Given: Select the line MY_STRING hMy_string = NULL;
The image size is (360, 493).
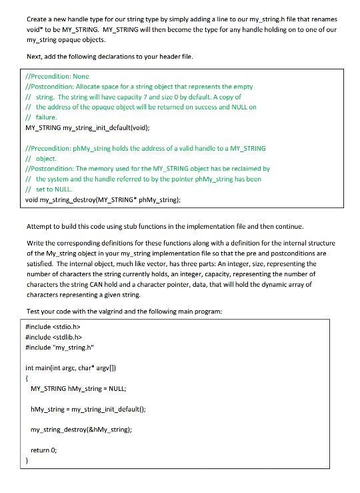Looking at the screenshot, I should (83, 388).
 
